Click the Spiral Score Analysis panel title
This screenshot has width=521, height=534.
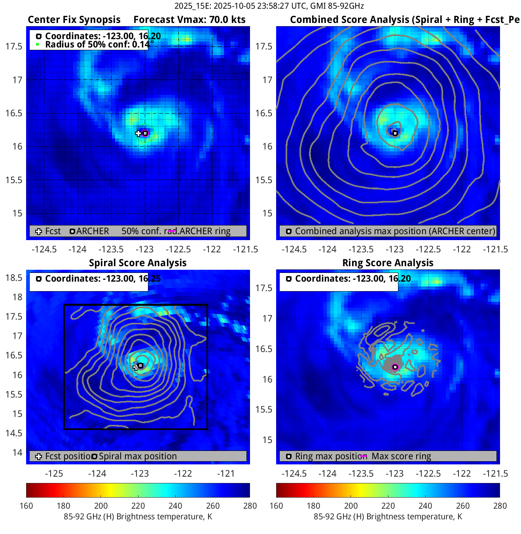coord(138,263)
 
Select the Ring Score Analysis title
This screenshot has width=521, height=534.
coord(388,263)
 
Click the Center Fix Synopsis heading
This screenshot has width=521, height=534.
coord(74,20)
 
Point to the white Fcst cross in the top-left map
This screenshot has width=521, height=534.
coord(138,133)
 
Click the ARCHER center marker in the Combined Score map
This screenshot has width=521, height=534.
coord(395,133)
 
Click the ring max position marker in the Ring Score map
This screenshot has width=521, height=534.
coord(395,367)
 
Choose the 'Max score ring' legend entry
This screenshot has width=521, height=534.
coord(401,456)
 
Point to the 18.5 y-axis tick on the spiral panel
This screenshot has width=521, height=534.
coord(14,278)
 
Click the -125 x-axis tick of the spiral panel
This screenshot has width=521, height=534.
coord(54,474)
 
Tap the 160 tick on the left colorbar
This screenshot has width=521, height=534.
coord(27,506)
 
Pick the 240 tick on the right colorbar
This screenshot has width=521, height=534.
coord(426,506)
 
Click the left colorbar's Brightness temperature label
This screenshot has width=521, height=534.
coord(138,517)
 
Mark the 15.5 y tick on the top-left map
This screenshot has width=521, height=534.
coord(14,180)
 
